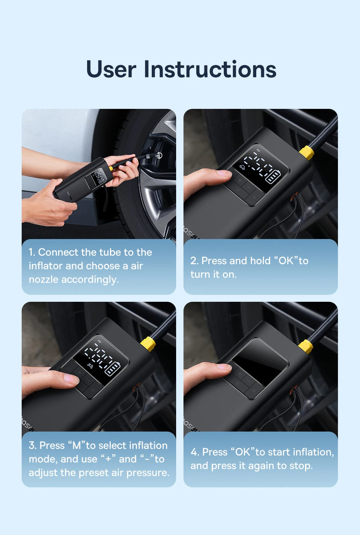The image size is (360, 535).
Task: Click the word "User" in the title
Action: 111,70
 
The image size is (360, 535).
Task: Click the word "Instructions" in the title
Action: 210,70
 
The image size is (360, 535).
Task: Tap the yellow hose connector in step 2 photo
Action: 307,153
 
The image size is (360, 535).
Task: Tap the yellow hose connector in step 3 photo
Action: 148,343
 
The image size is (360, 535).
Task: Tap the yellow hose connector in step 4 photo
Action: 306,346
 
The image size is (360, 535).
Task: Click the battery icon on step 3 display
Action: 113,368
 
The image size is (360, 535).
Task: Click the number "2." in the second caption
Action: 194,261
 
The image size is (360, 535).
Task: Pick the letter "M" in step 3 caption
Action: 77,446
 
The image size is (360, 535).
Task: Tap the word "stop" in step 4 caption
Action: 301,466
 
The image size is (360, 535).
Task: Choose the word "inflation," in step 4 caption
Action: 313,452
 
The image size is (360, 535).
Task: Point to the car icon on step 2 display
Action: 243,168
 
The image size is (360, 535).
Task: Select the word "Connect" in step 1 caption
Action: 58,252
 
